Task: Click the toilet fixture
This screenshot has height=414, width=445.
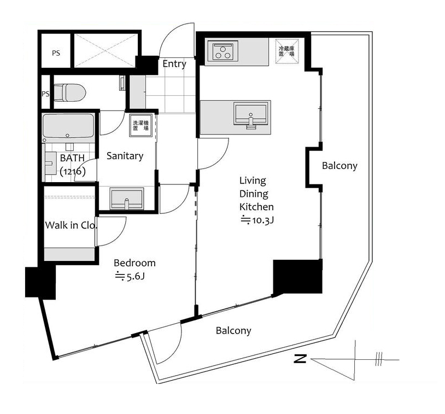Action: point(69,92)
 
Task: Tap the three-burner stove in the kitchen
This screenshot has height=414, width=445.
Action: point(222,50)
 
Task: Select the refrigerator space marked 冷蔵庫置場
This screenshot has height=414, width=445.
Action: point(287,51)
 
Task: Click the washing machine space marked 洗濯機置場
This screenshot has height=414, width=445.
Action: point(140,125)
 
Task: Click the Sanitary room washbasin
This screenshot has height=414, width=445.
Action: point(127,198)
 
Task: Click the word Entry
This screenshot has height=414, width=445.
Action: point(174,64)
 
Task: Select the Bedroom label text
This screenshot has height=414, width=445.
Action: point(134,263)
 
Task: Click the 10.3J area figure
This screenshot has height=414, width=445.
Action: point(257,220)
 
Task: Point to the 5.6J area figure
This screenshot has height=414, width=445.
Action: point(130,276)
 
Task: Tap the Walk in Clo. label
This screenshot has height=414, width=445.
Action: point(71,225)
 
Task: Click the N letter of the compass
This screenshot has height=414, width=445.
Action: point(300,359)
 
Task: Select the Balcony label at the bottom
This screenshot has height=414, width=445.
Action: point(233,330)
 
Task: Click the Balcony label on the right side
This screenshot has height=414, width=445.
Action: point(339,166)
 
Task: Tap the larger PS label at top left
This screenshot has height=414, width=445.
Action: point(56,53)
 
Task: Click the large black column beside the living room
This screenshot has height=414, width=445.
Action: point(298,277)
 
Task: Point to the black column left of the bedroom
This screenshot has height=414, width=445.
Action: point(40,282)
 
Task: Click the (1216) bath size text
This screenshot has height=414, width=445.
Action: point(73,171)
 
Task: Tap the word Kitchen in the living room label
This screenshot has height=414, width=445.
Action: point(256,207)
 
